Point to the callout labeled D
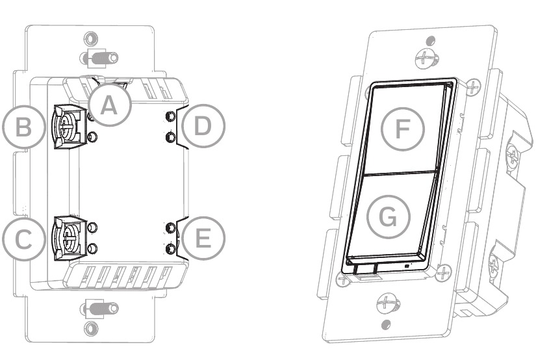[x=203, y=126]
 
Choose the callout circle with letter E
[x=203, y=238]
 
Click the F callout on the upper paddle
[x=401, y=128]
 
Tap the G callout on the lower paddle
[x=388, y=217]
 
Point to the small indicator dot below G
[x=407, y=266]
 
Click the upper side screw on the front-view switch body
[x=514, y=155]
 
